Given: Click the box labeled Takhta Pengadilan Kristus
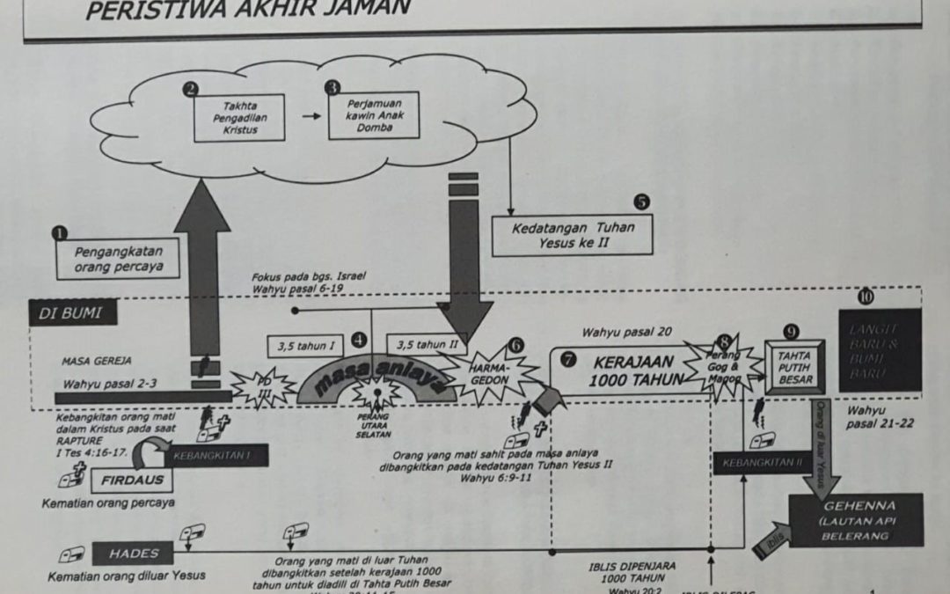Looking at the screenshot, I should click(239, 117).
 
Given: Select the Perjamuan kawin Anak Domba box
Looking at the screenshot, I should click(373, 115).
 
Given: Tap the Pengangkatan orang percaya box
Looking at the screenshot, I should click(111, 259).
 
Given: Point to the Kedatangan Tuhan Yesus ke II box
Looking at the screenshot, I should click(573, 234).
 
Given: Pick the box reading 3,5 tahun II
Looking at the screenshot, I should click(427, 344).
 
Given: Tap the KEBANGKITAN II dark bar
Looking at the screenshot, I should click(762, 462).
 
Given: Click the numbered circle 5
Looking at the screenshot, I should click(642, 202).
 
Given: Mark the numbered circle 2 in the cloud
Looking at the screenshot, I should click(189, 88).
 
